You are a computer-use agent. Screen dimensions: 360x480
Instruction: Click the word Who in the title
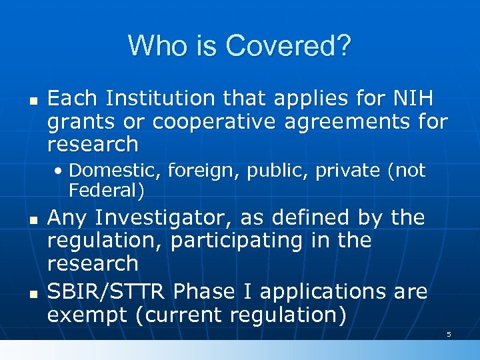click(153, 45)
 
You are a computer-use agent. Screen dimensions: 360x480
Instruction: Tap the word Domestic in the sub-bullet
click(115, 171)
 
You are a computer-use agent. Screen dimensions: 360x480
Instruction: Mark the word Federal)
click(106, 191)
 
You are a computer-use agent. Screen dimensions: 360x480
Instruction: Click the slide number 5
click(449, 334)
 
